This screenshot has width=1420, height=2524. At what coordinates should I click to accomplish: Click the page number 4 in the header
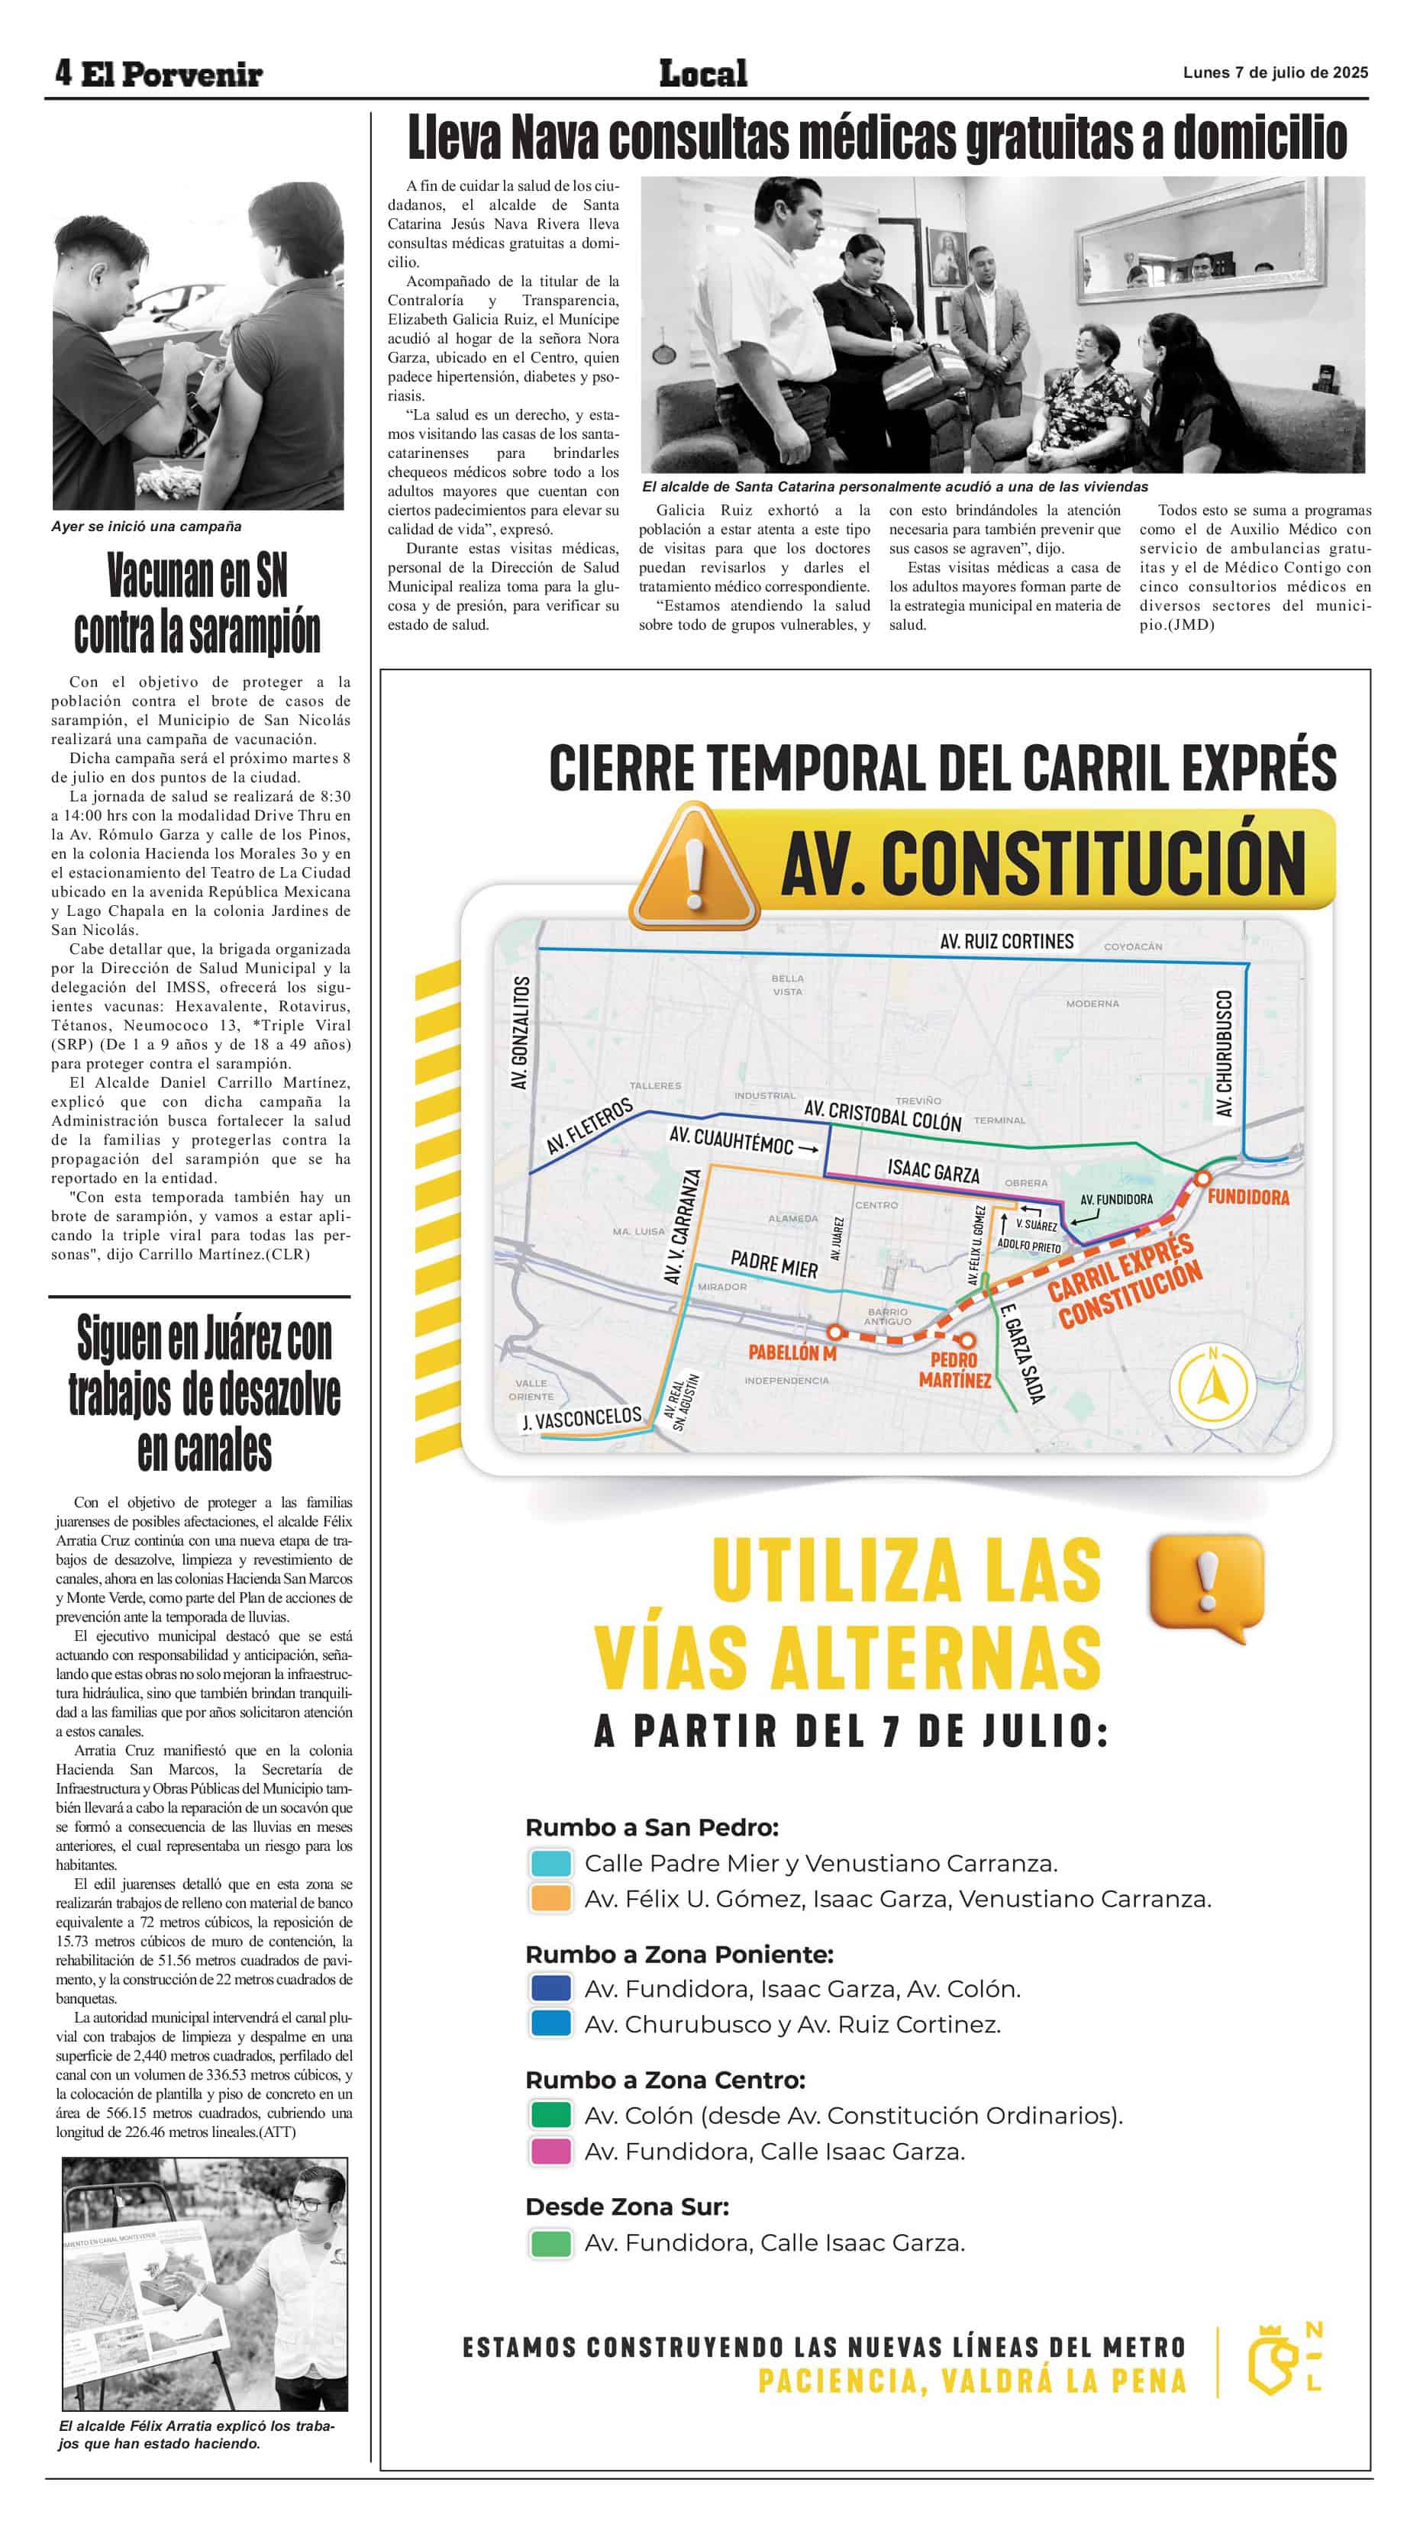point(63,72)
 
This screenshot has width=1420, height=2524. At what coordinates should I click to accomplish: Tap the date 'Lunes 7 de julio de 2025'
point(1275,73)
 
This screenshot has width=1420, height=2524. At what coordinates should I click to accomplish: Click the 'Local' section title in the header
point(702,73)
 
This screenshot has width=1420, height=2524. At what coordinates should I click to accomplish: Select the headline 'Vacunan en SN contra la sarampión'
point(197,603)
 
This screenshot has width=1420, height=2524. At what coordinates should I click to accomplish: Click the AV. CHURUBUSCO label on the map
point(1224,1052)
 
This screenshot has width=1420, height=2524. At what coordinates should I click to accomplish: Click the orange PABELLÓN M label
point(792,1352)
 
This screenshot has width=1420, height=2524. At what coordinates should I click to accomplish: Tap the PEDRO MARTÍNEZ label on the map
point(954,1370)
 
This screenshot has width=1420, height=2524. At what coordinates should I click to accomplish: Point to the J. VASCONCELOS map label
point(581,1418)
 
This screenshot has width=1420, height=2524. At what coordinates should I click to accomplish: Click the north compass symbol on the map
point(1213,1387)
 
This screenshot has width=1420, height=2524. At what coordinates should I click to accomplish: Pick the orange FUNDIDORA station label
point(1247,1198)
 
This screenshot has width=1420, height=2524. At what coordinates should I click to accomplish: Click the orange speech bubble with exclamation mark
point(1206,1584)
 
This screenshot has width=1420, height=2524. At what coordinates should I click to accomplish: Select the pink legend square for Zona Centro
point(550,2151)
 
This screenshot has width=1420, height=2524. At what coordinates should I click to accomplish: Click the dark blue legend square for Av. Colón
point(550,1988)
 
